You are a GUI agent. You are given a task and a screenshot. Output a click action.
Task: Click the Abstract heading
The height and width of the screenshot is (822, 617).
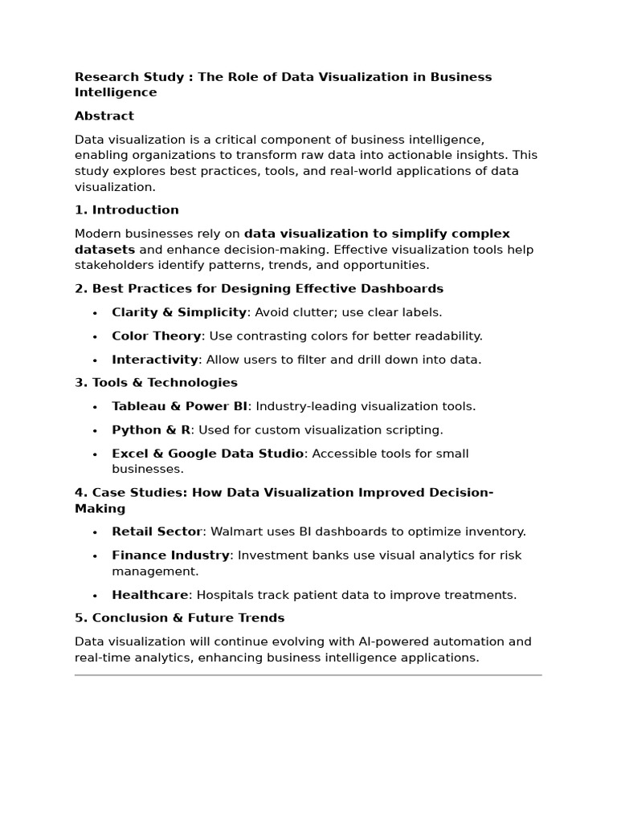click(104, 116)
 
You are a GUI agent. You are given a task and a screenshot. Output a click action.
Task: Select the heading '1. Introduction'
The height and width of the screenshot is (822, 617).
click(127, 210)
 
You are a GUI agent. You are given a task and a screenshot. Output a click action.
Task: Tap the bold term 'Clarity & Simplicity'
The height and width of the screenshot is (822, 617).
click(179, 312)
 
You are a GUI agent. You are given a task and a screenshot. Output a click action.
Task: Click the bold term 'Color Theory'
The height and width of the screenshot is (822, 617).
click(157, 336)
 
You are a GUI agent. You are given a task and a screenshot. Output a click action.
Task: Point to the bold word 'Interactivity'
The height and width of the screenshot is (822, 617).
click(155, 360)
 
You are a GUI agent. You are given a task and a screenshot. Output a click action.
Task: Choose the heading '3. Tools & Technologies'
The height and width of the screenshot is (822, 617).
click(156, 383)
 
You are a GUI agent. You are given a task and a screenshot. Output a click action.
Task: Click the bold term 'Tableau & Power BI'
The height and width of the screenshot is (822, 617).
click(180, 406)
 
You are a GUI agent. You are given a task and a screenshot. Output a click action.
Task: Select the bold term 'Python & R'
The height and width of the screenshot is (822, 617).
click(151, 430)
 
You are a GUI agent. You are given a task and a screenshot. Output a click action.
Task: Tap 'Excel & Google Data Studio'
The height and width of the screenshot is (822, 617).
click(207, 454)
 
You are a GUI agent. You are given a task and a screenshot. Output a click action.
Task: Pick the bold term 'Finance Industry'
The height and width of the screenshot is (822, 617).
click(170, 555)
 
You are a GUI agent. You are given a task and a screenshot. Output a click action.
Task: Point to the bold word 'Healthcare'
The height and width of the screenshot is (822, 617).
click(150, 595)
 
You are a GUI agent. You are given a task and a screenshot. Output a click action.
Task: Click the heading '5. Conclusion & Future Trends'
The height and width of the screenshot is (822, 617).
click(179, 618)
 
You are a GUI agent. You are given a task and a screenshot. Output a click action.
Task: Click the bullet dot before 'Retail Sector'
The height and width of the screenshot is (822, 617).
click(95, 532)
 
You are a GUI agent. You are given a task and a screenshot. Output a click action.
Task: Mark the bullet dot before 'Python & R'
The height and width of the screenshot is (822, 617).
click(95, 431)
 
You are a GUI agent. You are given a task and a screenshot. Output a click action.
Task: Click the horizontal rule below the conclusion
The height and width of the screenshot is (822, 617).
click(308, 675)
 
